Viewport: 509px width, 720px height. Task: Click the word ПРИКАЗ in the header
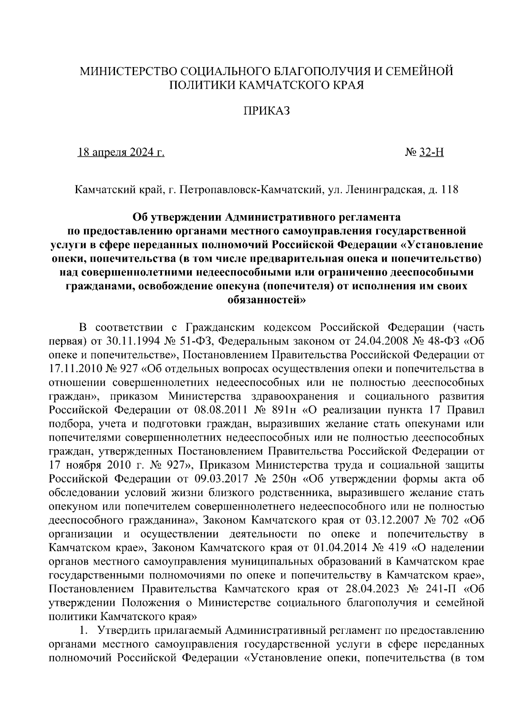pyautogui.click(x=266, y=111)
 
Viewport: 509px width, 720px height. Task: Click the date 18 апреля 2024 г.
pyautogui.click(x=121, y=152)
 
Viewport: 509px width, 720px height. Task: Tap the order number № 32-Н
pyautogui.click(x=425, y=152)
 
